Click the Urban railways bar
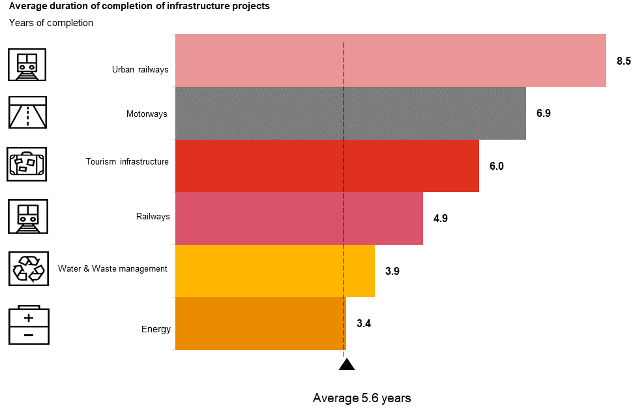(390, 61)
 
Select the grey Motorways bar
(351, 113)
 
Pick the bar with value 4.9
(299, 218)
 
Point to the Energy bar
(260, 323)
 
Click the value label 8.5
(624, 61)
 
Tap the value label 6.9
(544, 114)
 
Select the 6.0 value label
(497, 166)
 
